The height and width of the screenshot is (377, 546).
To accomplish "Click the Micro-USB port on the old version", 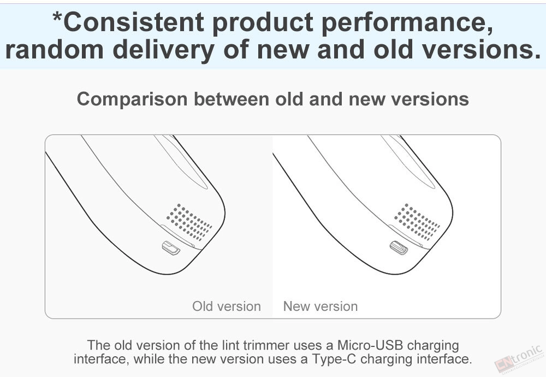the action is click(171, 248).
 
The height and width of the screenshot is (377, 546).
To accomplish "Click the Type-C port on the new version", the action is click(399, 248).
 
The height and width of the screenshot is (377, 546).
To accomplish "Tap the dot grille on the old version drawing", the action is click(189, 222).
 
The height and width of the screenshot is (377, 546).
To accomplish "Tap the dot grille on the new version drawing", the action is click(417, 222).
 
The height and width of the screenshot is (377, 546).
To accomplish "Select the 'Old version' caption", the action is click(227, 307).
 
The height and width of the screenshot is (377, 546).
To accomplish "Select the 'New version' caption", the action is click(321, 307).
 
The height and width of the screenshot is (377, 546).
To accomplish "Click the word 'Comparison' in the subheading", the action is click(132, 99).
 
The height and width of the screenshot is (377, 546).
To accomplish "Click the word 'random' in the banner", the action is click(54, 50).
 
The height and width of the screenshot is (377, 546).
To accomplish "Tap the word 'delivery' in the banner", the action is click(163, 51).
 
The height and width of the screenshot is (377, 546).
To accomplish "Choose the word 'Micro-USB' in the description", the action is click(370, 345).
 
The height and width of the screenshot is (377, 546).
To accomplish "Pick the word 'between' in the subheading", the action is click(231, 99).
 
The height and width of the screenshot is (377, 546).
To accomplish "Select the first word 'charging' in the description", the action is click(433, 346).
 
